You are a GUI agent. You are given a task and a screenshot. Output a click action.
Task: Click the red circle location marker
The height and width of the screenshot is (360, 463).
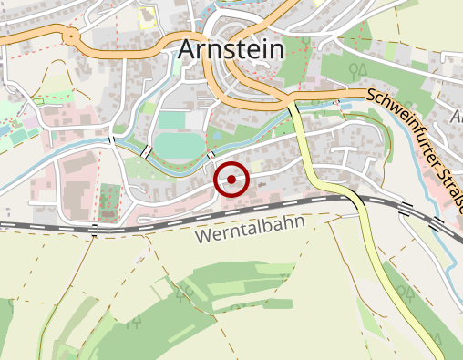231,180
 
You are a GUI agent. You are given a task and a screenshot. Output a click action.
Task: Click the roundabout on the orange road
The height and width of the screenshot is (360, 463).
70,36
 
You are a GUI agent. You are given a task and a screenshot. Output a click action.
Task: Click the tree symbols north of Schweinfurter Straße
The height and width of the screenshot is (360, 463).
357,67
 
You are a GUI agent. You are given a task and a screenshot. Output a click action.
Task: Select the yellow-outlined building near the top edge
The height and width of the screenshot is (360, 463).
147,15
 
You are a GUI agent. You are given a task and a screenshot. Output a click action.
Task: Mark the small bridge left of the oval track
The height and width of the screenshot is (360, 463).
146,150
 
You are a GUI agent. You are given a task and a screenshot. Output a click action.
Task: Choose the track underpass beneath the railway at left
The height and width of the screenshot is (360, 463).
95,228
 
